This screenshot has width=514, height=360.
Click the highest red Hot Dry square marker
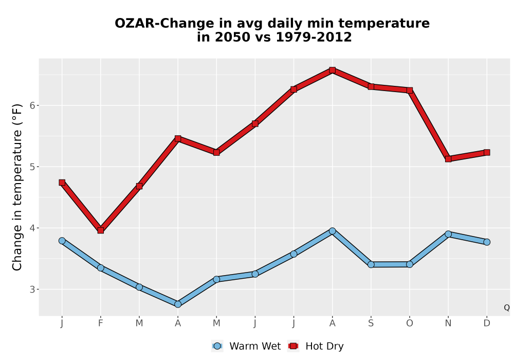[x=332, y=70]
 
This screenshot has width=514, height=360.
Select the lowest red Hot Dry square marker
[x=101, y=230]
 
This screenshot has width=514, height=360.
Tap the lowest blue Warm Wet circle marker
[x=178, y=304]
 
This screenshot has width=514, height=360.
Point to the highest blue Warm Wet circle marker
[x=332, y=231]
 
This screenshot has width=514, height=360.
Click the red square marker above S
[x=371, y=86]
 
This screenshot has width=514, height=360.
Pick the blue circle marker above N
[x=448, y=234]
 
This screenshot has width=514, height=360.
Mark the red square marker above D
[x=487, y=152]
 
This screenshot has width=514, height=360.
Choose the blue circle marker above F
[x=101, y=268]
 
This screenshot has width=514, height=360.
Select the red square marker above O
[x=410, y=90]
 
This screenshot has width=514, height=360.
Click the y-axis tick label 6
[x=32, y=105]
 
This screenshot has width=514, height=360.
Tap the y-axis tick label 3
[x=32, y=289]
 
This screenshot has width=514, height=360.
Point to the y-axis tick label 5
[x=32, y=167]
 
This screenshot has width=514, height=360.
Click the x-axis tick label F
[x=101, y=323]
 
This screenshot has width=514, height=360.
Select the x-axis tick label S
[x=371, y=323]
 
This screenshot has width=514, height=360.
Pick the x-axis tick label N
[x=448, y=323]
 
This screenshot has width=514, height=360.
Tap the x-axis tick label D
[x=487, y=323]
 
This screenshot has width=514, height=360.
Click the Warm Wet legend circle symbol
[x=217, y=346]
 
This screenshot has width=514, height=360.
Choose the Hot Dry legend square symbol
[x=293, y=346]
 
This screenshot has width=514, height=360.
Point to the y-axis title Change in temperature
[x=17, y=187]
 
